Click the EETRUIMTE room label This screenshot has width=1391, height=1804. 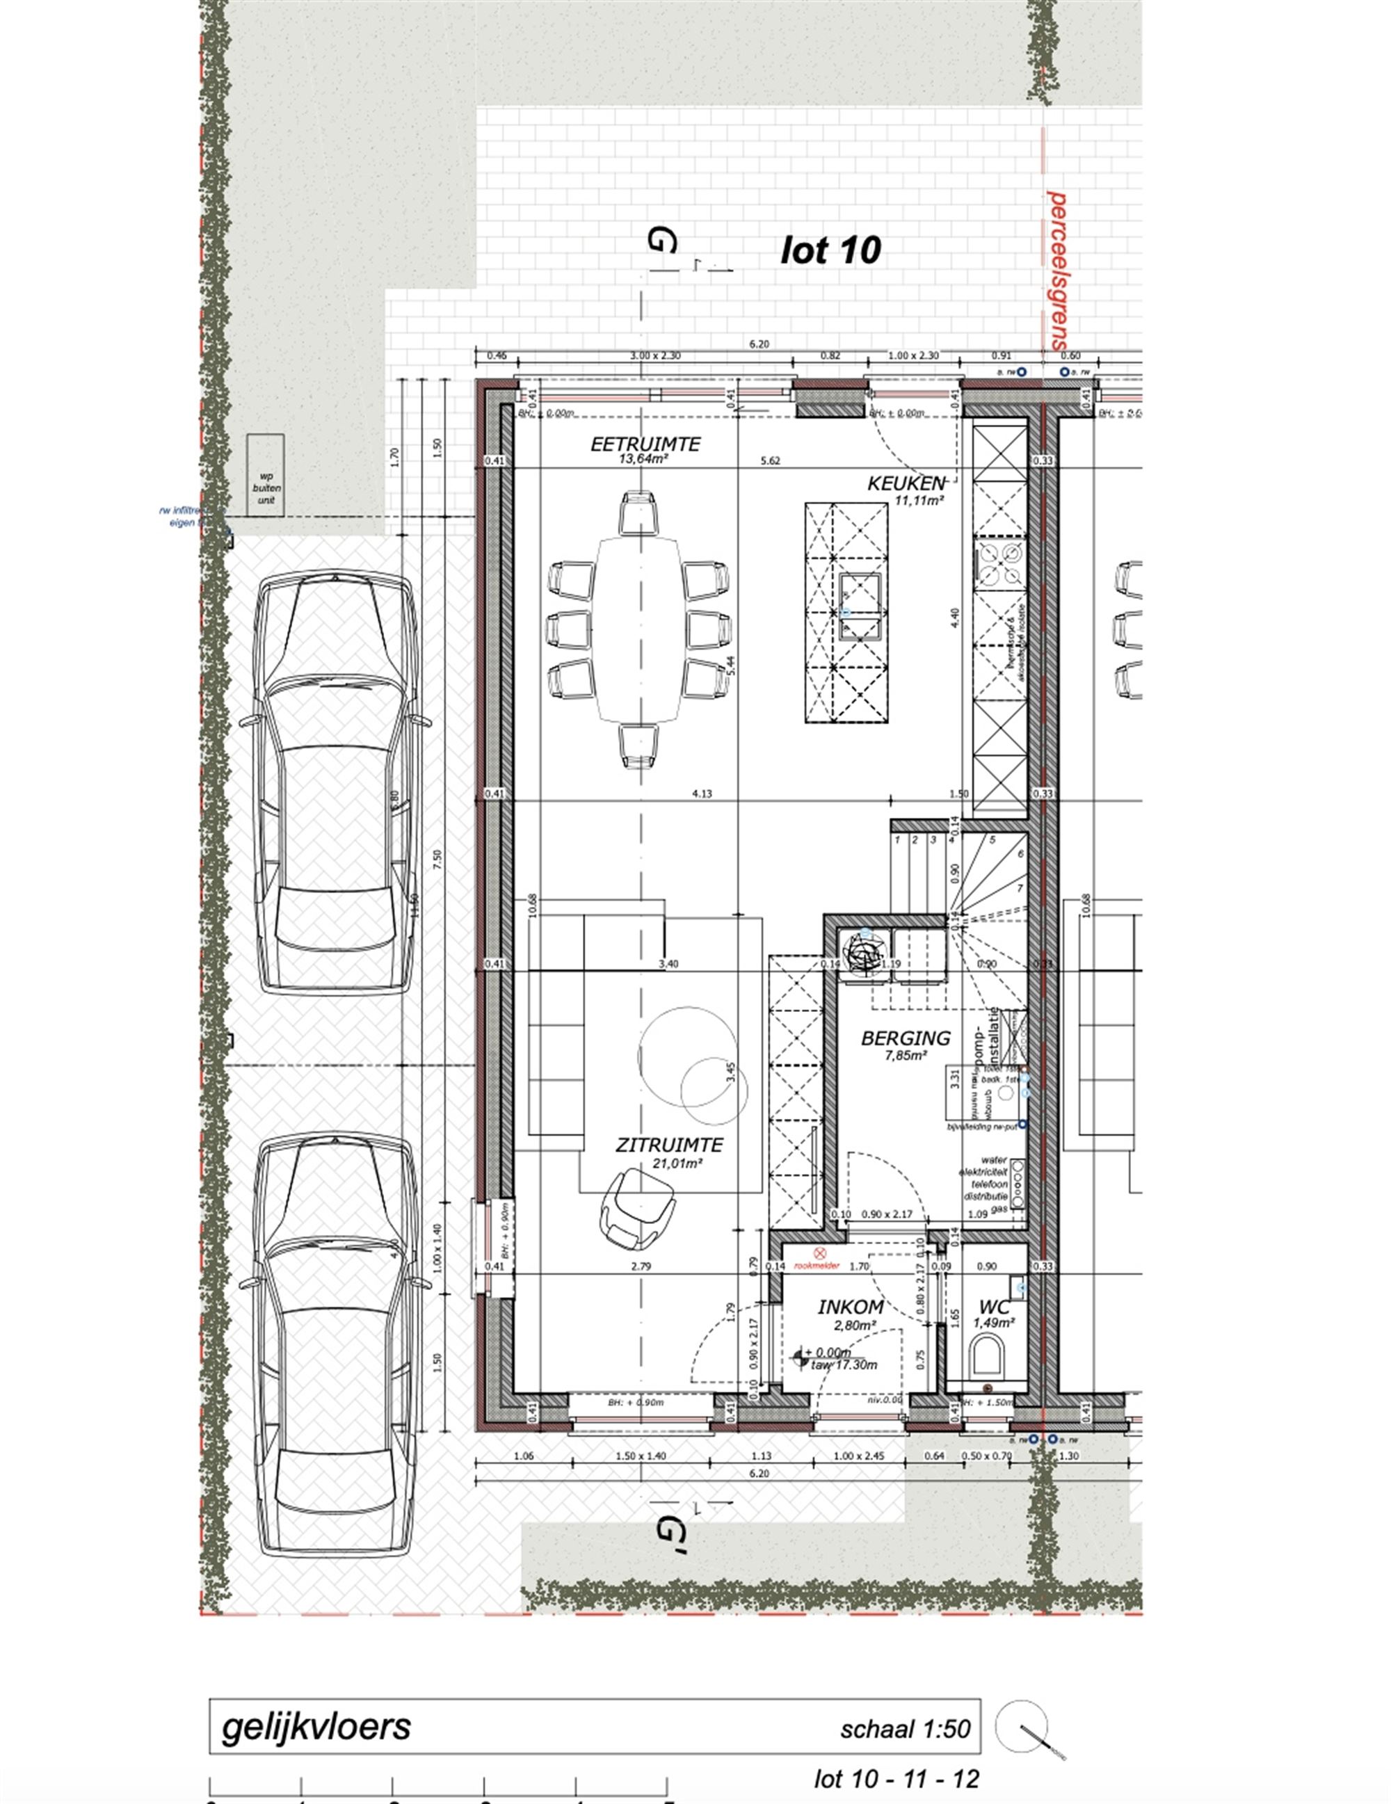(x=645, y=444)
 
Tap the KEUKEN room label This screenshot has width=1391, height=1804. (x=904, y=483)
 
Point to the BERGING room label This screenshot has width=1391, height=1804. (x=906, y=1038)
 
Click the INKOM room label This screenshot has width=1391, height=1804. (x=851, y=1307)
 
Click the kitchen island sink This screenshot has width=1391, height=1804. (x=860, y=607)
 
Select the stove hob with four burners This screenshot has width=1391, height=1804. (x=1000, y=564)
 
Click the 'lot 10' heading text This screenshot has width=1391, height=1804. (x=830, y=250)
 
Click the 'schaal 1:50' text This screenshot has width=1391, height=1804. (x=906, y=1729)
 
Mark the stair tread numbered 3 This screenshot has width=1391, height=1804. (x=933, y=840)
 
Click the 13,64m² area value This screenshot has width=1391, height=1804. (x=643, y=459)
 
